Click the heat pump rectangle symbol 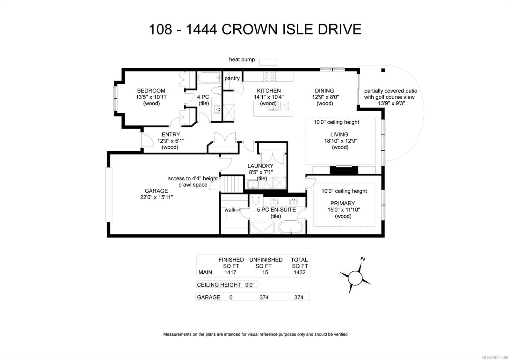point(268,62)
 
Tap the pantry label point(232,78)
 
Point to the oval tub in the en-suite point(291,228)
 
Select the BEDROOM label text point(151,91)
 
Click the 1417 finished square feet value point(230,272)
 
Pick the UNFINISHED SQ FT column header point(266,263)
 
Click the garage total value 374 point(299,297)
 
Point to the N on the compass point(362,259)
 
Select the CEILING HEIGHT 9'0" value point(250,285)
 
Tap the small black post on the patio point(383,70)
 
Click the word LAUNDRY point(260,166)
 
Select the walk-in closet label point(233,210)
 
